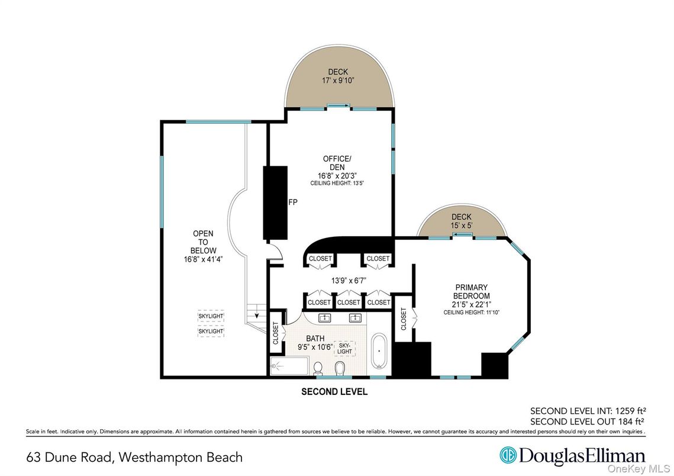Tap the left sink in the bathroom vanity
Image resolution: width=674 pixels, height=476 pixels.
point(325,319)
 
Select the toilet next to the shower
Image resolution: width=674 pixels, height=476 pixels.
point(318,369)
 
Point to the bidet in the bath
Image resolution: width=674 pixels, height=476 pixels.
point(339,369)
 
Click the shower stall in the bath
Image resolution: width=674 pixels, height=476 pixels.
point(289,366)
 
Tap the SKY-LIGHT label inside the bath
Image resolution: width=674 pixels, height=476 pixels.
point(344,348)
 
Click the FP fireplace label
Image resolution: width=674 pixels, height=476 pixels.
point(292,202)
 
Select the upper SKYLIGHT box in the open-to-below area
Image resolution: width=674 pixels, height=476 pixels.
point(211,316)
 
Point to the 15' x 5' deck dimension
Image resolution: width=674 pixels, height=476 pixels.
point(461,226)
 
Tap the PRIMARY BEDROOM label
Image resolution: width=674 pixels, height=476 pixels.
point(471,291)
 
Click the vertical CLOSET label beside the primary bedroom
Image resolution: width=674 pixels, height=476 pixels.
point(404,319)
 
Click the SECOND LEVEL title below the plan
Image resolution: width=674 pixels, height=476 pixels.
point(334,392)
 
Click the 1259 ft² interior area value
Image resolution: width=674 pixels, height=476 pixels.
point(624,410)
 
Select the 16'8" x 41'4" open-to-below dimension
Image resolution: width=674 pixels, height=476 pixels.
point(202,259)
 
